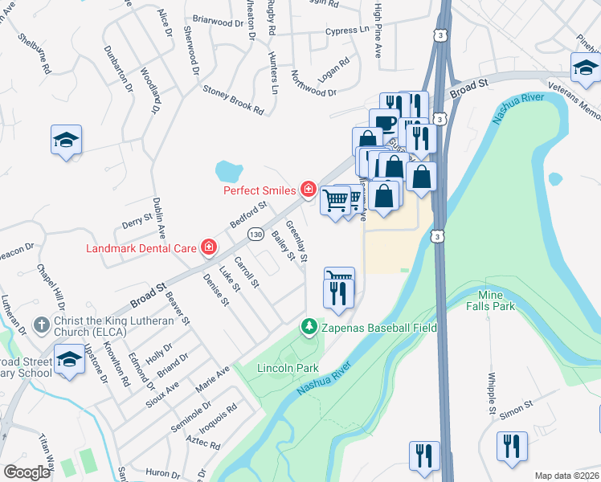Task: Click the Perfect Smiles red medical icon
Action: pyautogui.click(x=307, y=190)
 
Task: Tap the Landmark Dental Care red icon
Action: pyautogui.click(x=209, y=247)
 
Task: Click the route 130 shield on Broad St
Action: pyautogui.click(x=256, y=234)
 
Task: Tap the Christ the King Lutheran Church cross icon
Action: pyautogui.click(x=42, y=325)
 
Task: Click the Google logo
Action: pyautogui.click(x=27, y=472)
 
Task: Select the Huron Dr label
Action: pyautogui.click(x=162, y=473)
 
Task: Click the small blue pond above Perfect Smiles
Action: pyautogui.click(x=229, y=170)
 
